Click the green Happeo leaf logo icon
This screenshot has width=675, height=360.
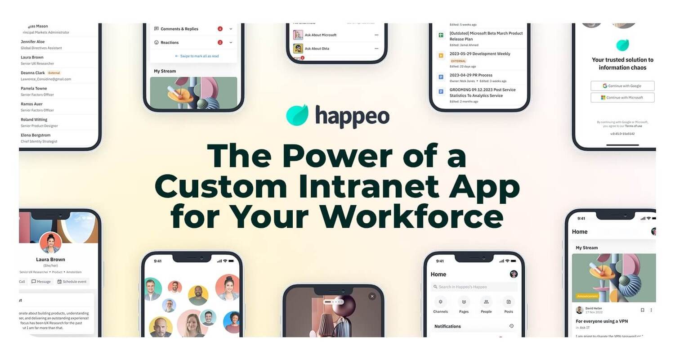point(297,115)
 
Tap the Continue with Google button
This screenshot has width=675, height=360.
point(622,86)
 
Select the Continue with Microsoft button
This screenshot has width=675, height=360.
point(622,98)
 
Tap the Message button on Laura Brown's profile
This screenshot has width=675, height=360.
point(41,282)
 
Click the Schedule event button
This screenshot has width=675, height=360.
point(72,282)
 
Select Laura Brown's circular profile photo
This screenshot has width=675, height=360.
point(50,243)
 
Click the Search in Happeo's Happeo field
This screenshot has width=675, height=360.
point(474,287)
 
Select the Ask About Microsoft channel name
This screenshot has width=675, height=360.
point(321,35)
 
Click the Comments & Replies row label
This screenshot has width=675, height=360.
point(179,29)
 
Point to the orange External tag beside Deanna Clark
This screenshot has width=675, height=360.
point(54,73)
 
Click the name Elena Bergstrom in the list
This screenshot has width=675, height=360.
point(36,135)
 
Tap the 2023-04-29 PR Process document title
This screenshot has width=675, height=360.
point(471,75)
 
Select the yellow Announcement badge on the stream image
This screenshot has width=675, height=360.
point(586,296)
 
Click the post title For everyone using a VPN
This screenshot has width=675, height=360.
point(602,321)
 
